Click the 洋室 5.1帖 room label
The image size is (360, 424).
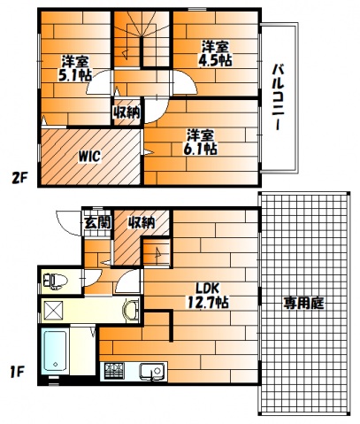click(x=76, y=68)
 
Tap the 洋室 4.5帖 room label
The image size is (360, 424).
click(x=215, y=53)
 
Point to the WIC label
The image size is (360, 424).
click(x=89, y=156)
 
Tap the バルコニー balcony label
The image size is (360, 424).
click(x=278, y=96)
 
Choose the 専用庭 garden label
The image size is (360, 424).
click(x=303, y=303)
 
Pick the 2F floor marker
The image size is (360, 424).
click(x=19, y=178)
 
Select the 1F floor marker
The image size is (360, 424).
click(x=17, y=373)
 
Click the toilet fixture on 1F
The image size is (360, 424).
click(x=56, y=281)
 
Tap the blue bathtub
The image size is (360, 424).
click(x=55, y=352)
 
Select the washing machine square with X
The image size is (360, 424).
click(x=53, y=311)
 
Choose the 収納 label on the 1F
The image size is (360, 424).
click(x=141, y=222)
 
